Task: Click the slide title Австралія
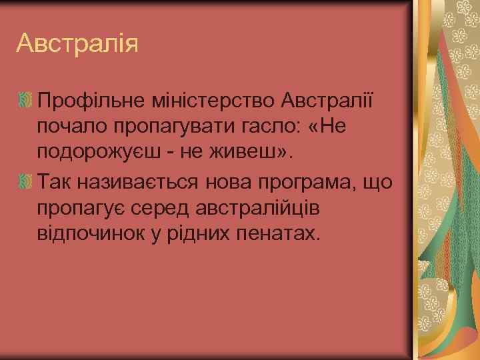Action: [x=78, y=45]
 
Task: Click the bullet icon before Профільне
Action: [x=27, y=102]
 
